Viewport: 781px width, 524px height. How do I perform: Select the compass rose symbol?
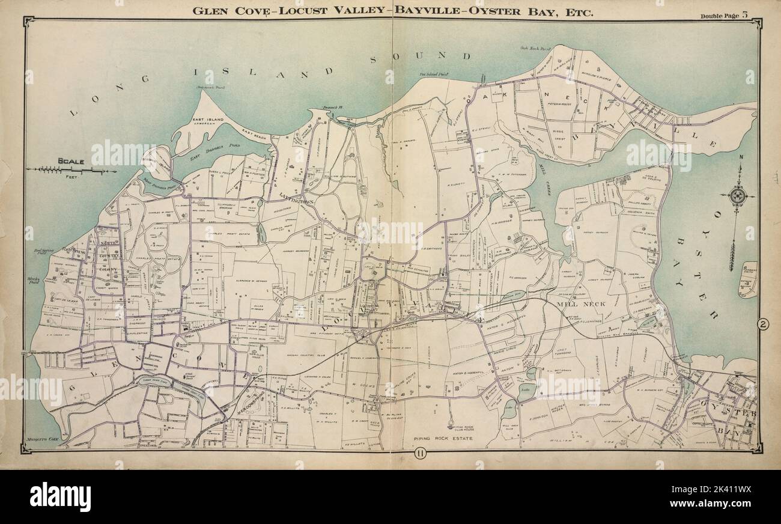coord(737,195)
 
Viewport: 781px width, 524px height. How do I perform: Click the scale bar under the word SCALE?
coord(71,171)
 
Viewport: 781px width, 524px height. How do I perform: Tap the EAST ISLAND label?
coord(208,120)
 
